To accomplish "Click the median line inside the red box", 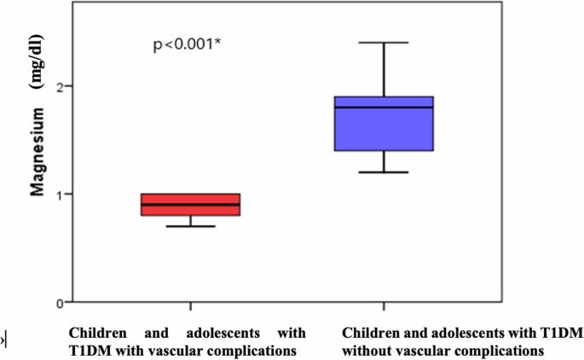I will click(190, 205).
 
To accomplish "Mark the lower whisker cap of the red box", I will click(190, 226).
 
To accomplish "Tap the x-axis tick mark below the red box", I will click(190, 306).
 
